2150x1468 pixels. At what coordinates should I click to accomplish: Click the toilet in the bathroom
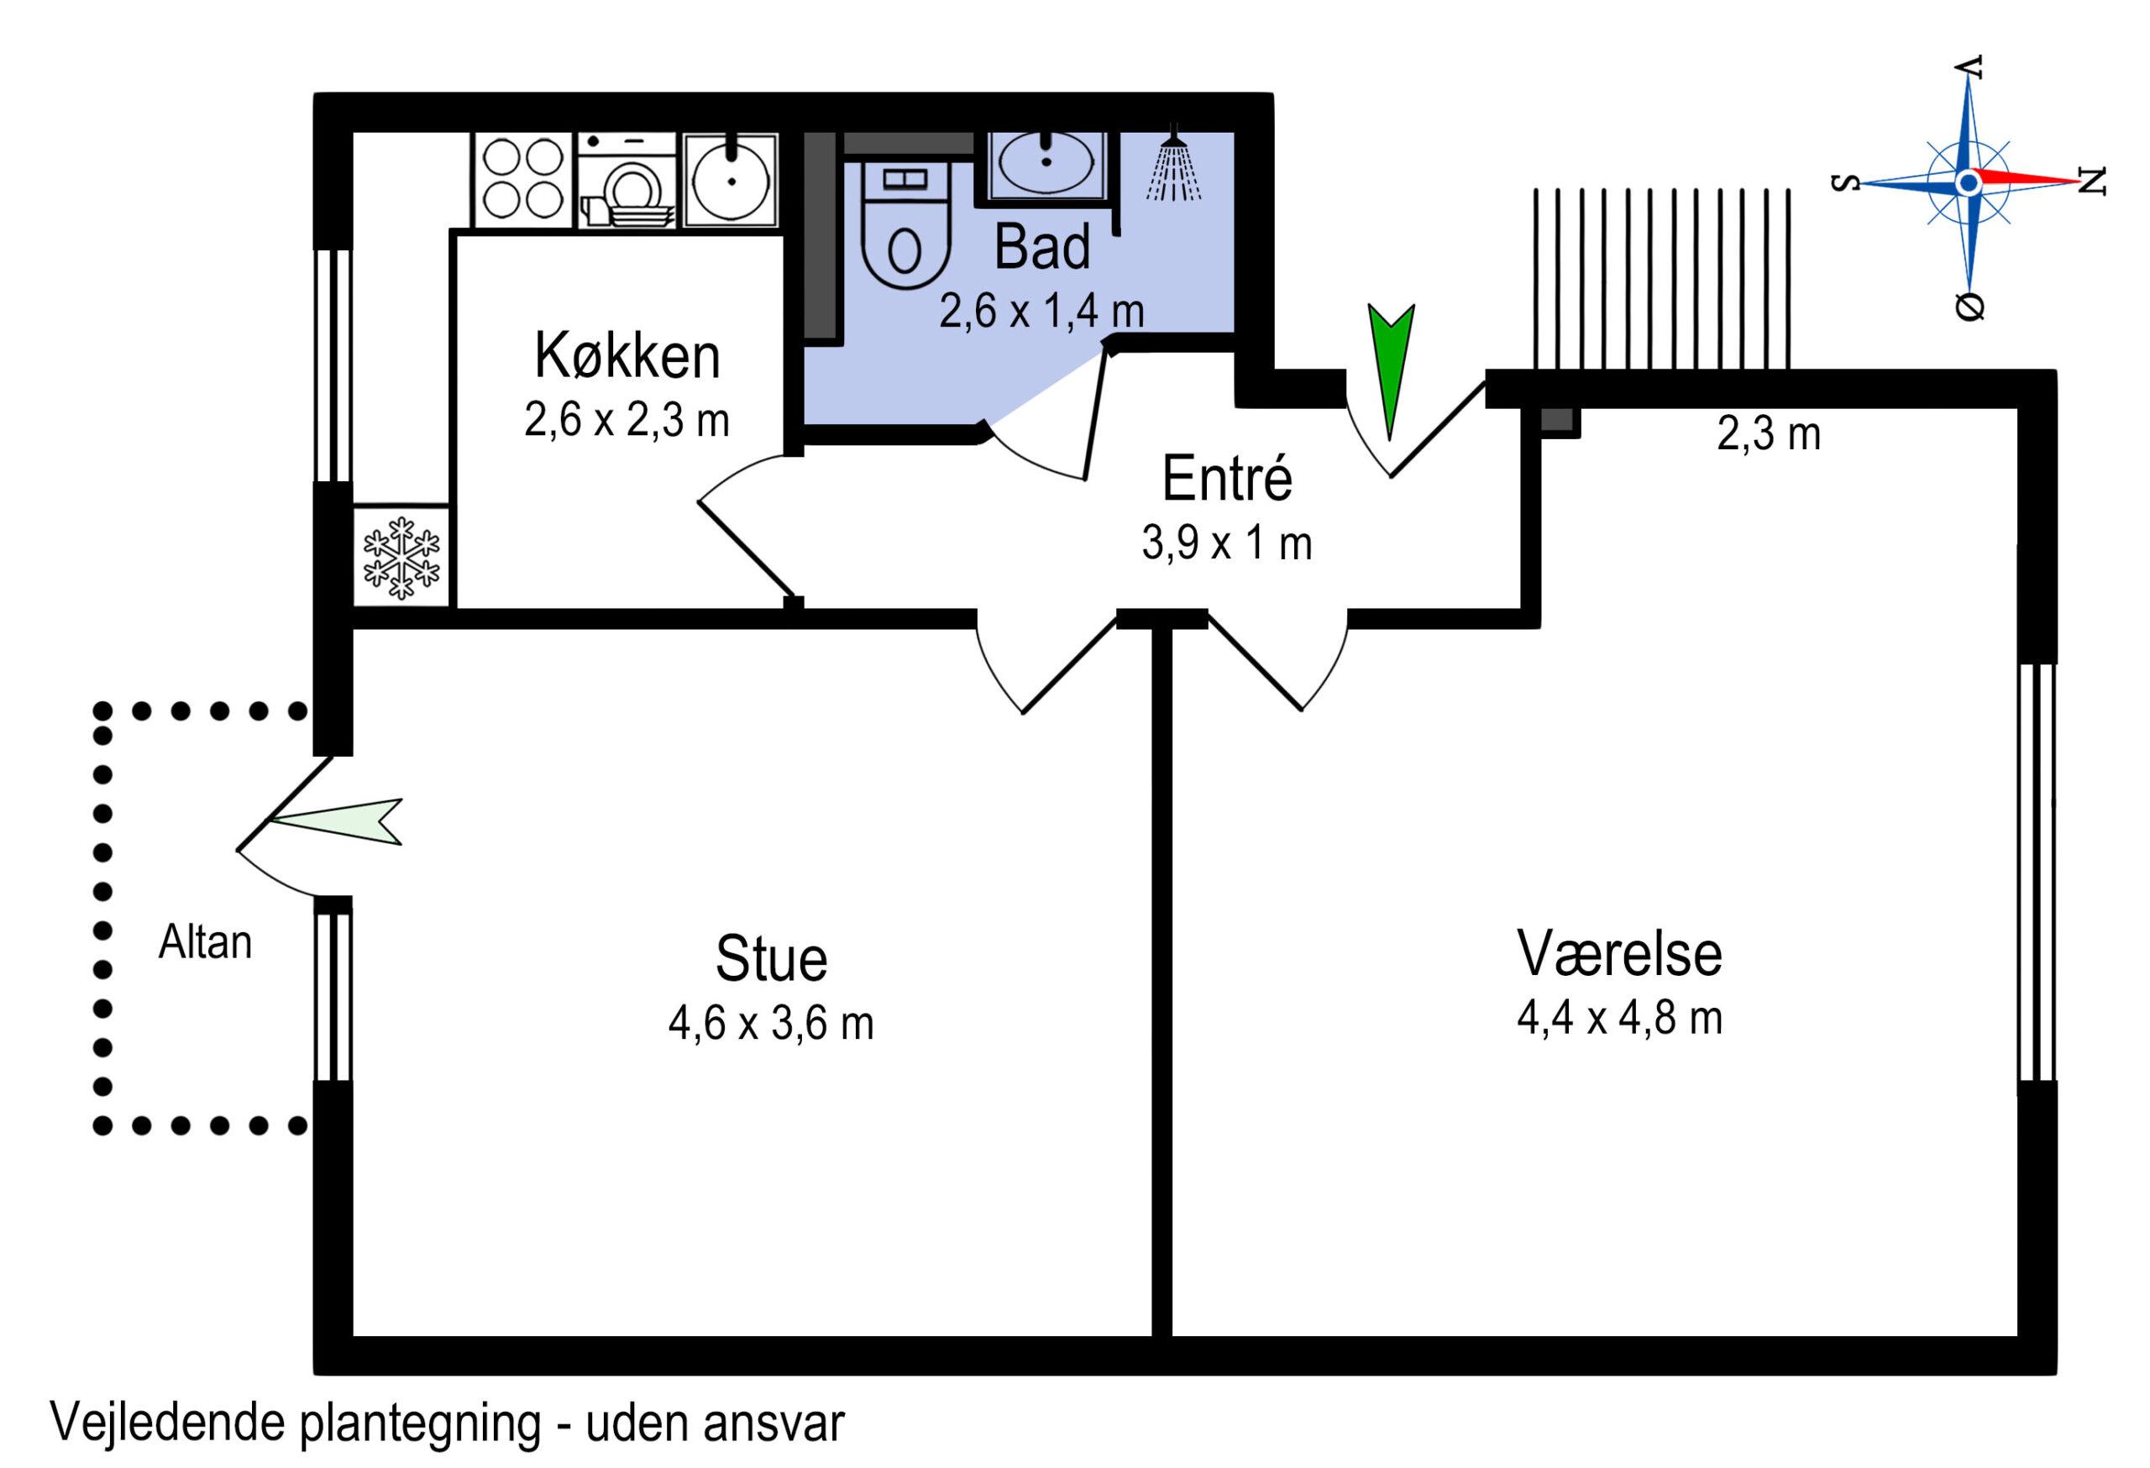click(905, 226)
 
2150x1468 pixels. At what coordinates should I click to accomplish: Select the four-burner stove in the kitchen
click(522, 180)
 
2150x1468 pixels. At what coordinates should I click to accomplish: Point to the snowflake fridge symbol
click(401, 558)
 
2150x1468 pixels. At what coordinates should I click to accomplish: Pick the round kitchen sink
click(731, 180)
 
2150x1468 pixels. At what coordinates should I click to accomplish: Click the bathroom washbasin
click(1046, 165)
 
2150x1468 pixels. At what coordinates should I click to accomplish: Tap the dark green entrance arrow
click(1391, 370)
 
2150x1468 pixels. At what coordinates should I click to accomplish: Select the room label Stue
click(771, 958)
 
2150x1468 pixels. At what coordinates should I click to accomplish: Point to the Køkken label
click(627, 355)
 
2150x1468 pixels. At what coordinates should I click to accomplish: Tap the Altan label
click(204, 942)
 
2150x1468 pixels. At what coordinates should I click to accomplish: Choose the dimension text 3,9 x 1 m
click(1227, 543)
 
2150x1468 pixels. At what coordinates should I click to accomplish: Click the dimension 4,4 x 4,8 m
click(1619, 1018)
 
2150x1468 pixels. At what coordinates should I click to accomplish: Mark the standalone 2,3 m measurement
click(1769, 434)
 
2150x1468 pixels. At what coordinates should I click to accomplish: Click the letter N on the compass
click(2092, 181)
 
